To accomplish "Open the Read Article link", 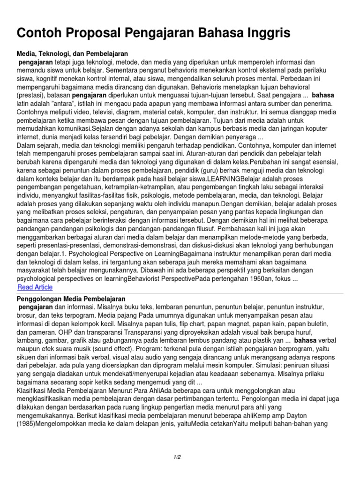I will point(35,287).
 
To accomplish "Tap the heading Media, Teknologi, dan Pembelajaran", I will point(72,54).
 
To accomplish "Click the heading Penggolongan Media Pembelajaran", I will point(71,299).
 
